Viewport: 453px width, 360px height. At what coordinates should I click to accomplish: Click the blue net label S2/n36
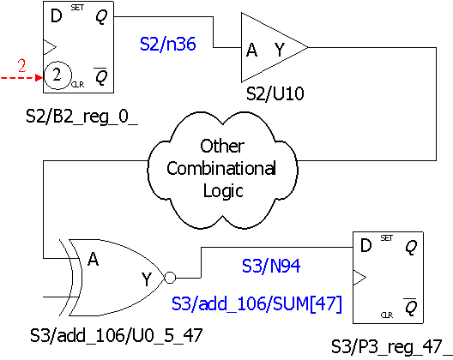click(168, 45)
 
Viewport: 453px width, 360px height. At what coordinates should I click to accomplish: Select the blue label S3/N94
click(271, 266)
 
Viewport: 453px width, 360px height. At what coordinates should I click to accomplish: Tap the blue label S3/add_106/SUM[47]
click(257, 303)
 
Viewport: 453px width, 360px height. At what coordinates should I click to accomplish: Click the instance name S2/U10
click(275, 93)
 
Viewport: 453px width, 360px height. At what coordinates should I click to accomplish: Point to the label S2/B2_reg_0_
click(82, 117)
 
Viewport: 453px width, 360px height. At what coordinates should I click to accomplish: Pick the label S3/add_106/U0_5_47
click(116, 335)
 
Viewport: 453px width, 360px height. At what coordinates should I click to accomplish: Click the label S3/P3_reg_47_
click(391, 347)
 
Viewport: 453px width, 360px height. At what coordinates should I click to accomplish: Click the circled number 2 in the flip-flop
click(57, 75)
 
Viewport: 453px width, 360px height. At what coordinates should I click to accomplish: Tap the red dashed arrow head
click(39, 78)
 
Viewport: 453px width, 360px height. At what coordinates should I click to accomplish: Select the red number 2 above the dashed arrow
click(22, 65)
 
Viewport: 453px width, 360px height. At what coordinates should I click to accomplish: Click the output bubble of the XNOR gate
click(170, 278)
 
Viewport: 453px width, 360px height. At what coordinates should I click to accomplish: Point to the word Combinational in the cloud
click(221, 168)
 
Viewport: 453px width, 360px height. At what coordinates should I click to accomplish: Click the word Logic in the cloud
click(223, 191)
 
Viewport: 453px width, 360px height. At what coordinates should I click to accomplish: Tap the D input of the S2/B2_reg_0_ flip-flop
click(56, 15)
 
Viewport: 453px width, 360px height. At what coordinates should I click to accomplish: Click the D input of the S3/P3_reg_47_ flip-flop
click(365, 246)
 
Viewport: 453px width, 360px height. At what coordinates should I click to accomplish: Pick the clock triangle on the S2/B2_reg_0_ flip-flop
click(50, 47)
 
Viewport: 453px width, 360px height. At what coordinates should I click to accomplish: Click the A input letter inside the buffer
click(252, 50)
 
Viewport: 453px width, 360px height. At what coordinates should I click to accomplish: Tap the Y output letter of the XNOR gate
click(147, 279)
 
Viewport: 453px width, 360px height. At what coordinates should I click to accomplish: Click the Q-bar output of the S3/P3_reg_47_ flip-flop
click(410, 307)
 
